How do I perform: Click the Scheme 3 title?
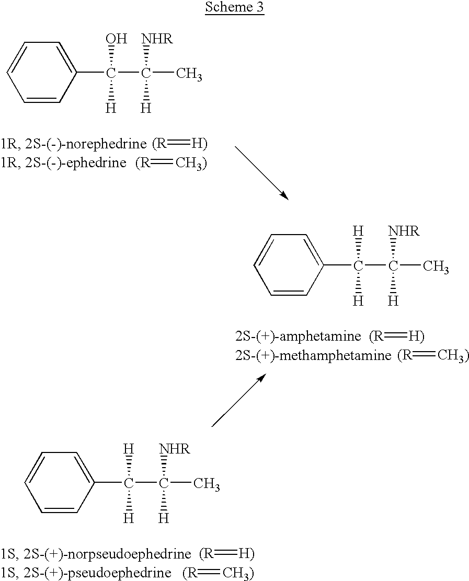click(234, 7)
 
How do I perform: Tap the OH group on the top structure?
click(117, 39)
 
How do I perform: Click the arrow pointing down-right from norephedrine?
click(262, 173)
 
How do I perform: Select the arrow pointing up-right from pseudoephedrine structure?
click(239, 400)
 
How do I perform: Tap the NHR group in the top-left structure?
click(157, 39)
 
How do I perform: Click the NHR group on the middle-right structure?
click(404, 231)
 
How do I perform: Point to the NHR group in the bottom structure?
click(174, 449)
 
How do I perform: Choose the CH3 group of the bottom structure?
click(207, 484)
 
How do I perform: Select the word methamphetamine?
click(335, 355)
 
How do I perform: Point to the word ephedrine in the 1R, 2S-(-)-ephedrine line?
click(96, 162)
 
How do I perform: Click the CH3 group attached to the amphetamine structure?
click(436, 266)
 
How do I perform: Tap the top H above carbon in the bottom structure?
click(128, 449)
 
